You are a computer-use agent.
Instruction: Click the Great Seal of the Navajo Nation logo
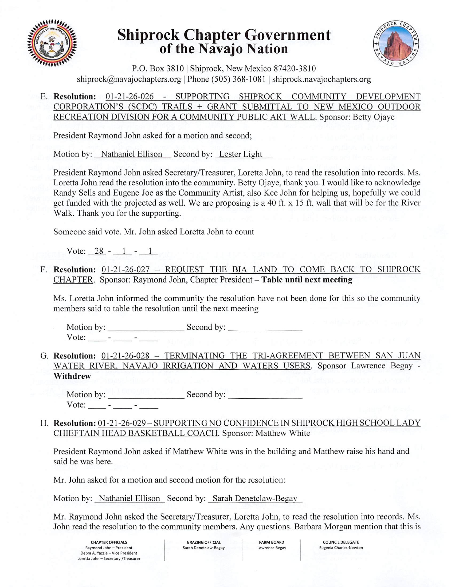click(52, 43)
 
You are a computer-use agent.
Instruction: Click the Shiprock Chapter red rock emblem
click(396, 43)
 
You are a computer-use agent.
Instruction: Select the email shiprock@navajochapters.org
click(129, 79)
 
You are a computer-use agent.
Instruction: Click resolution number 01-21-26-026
click(130, 97)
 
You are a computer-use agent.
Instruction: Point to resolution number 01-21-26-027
click(126, 270)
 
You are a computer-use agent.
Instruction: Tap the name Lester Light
click(241, 154)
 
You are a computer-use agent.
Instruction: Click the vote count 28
click(99, 251)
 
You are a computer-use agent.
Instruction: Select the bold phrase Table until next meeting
click(307, 280)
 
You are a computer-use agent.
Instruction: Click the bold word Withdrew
click(72, 376)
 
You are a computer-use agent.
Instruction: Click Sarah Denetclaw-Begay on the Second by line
click(255, 498)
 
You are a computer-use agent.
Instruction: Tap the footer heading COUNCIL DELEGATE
click(341, 542)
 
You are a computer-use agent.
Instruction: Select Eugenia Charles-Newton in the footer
click(341, 548)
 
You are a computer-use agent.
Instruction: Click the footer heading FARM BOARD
click(272, 542)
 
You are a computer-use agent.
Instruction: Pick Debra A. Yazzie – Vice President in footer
click(109, 553)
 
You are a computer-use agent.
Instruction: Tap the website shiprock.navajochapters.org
click(321, 79)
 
